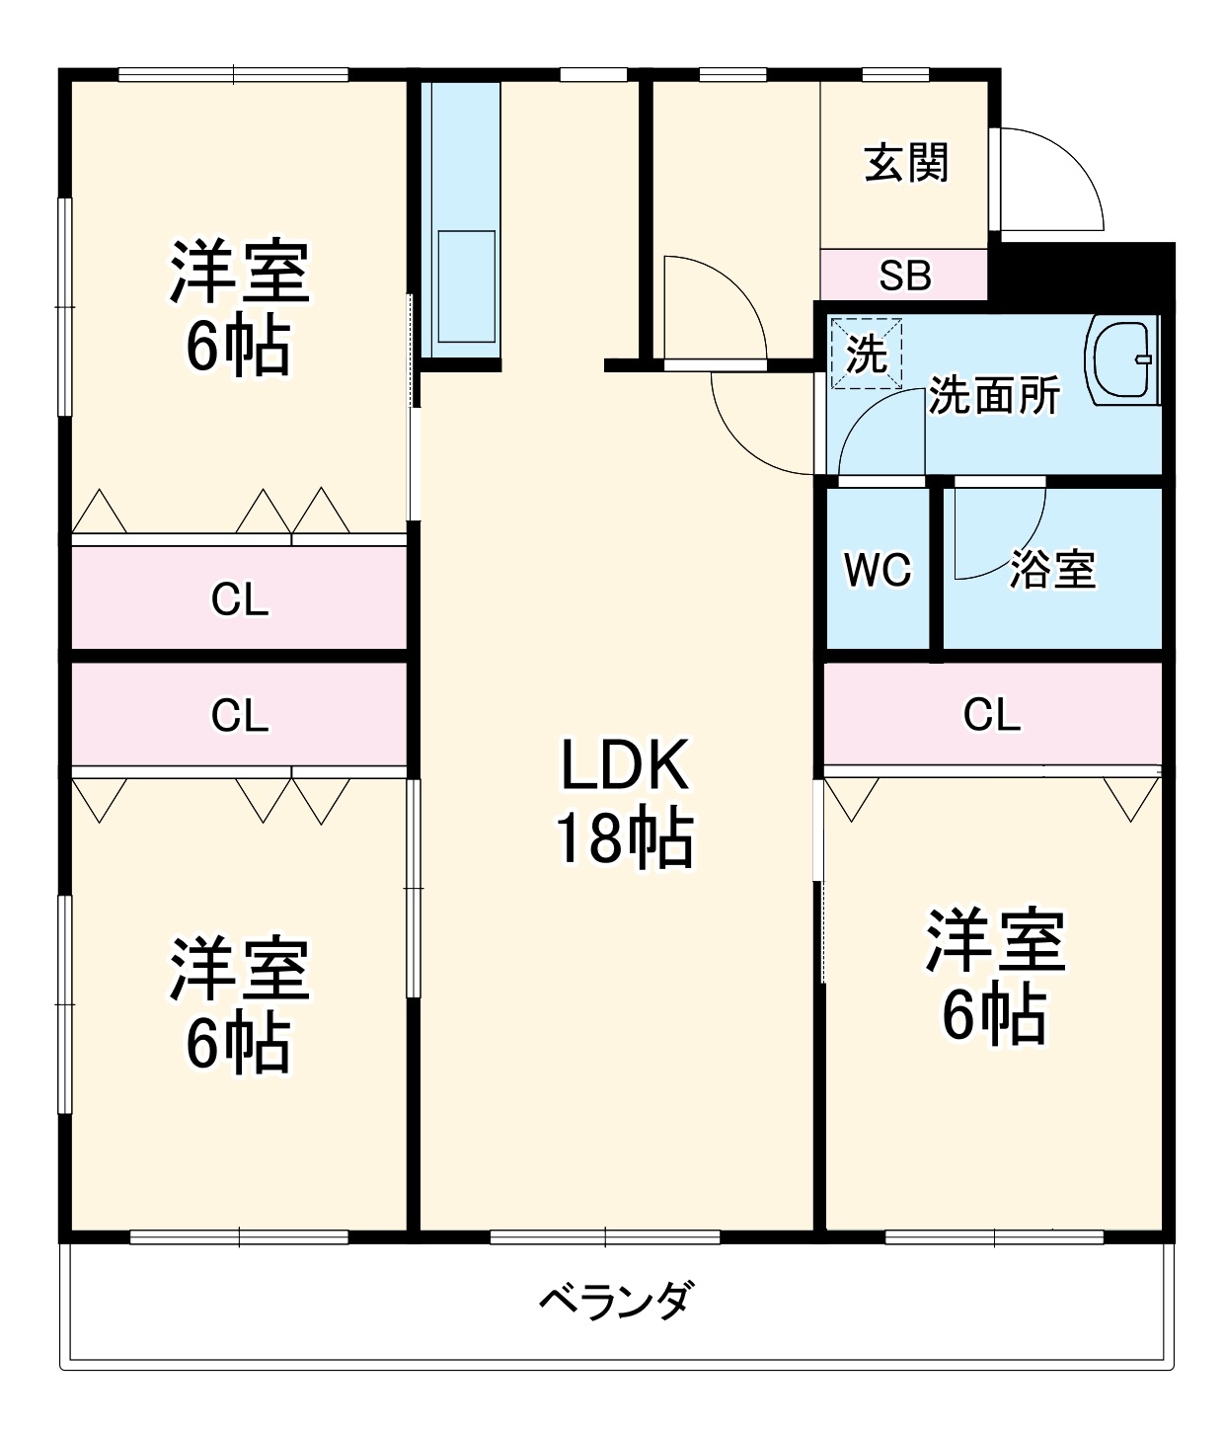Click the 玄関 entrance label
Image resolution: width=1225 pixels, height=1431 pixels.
click(906, 163)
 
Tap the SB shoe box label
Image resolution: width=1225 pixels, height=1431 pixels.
click(904, 276)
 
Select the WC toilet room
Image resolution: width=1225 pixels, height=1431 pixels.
click(878, 569)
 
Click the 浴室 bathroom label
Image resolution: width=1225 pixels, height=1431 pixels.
click(1052, 570)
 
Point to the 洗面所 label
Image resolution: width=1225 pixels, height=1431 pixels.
click(994, 396)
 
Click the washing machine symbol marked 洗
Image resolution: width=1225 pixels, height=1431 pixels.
click(866, 353)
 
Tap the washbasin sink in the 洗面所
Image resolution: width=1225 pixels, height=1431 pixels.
click(1122, 359)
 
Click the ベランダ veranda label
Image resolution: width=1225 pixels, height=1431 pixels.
click(617, 1300)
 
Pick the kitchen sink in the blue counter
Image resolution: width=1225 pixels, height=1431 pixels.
click(466, 287)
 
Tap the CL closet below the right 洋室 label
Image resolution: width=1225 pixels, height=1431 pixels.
click(992, 714)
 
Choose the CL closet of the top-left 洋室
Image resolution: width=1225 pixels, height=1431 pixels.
click(239, 598)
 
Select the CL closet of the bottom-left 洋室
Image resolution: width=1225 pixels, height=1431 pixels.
click(239, 715)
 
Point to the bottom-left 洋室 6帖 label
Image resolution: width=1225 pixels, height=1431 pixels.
click(240, 1005)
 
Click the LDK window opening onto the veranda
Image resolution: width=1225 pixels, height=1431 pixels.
click(605, 1236)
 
